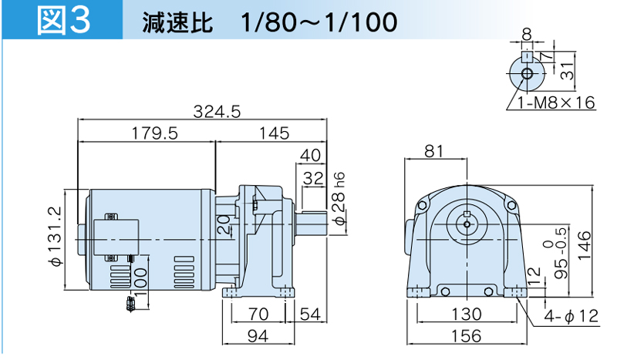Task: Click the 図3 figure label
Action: point(64,20)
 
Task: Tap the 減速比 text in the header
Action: point(178,22)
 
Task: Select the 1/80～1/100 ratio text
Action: point(319,22)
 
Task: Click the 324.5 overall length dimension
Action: point(217,112)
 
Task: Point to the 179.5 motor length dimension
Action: point(154,133)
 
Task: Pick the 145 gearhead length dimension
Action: point(275,133)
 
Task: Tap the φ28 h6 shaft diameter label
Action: point(339,199)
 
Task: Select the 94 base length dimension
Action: point(258,336)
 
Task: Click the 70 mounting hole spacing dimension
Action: point(258,315)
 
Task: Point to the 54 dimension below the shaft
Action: point(311,315)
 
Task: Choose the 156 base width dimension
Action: point(467,336)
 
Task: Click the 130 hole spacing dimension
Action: point(467,315)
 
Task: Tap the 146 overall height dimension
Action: point(585,245)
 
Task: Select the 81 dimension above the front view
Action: point(434,150)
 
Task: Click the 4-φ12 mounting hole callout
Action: point(571,315)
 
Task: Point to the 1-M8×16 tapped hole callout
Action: point(556,103)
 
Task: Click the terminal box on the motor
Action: point(116,237)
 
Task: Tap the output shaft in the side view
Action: point(311,224)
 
